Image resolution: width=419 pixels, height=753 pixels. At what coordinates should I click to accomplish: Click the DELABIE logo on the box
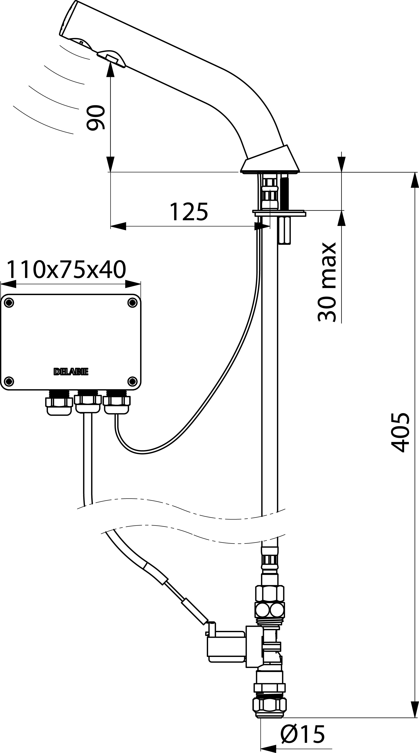71,372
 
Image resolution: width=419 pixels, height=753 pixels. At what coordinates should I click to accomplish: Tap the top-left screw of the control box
9,303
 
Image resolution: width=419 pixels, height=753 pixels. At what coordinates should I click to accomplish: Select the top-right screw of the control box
133,303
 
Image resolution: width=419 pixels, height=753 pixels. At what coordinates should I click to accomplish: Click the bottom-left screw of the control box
9,381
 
